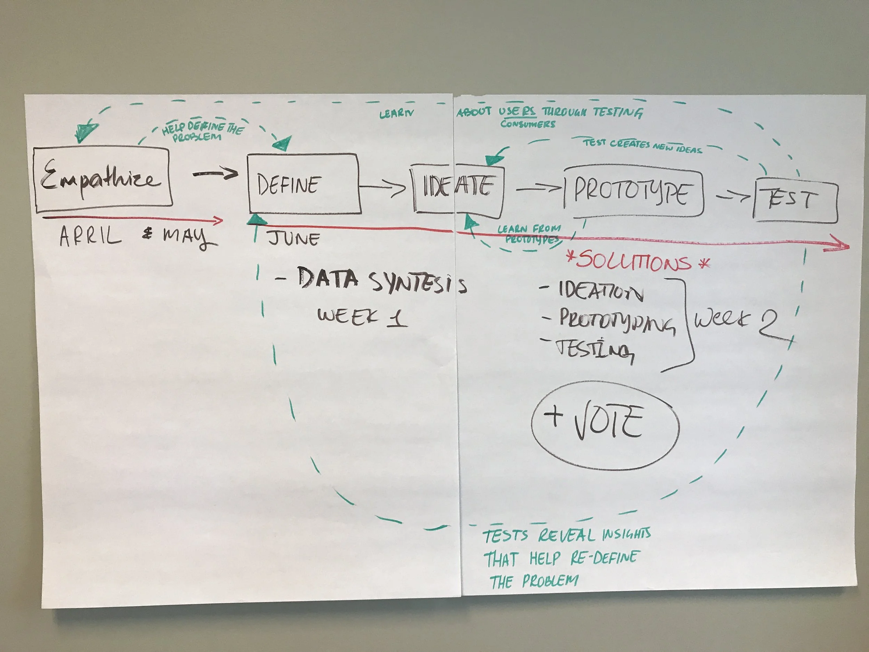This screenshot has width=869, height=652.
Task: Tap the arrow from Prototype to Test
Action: click(x=733, y=196)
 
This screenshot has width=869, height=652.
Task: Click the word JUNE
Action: click(x=294, y=239)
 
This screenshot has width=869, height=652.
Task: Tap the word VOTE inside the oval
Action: click(x=608, y=422)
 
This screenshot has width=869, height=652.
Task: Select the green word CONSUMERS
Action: click(x=528, y=124)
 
